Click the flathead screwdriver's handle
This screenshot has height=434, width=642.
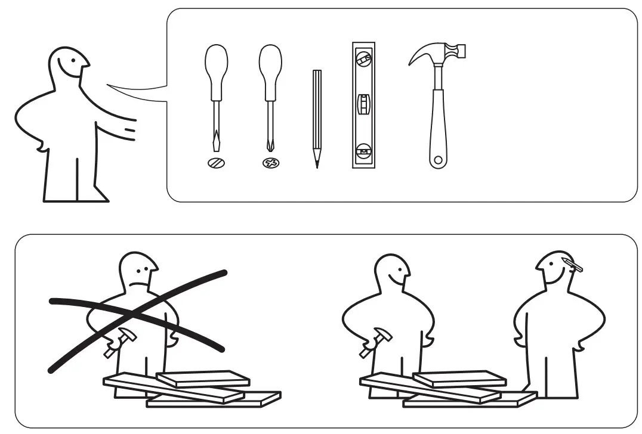216,71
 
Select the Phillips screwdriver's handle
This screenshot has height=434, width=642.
270,71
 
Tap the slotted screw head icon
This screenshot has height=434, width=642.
216,163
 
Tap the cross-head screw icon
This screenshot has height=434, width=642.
270,163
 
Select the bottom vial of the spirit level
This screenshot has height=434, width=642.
362,150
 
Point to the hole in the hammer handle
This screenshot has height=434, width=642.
438,160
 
